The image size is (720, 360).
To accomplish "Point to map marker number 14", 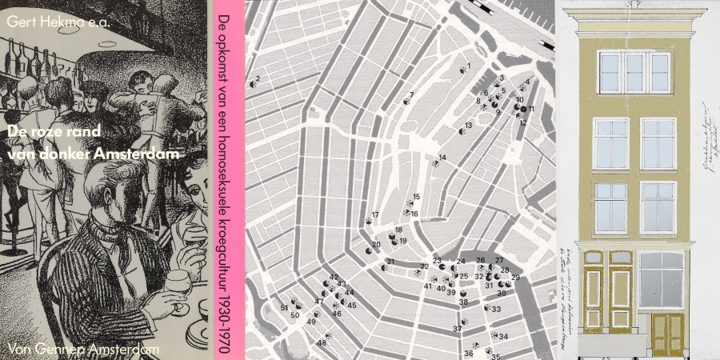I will pos(436,162).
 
